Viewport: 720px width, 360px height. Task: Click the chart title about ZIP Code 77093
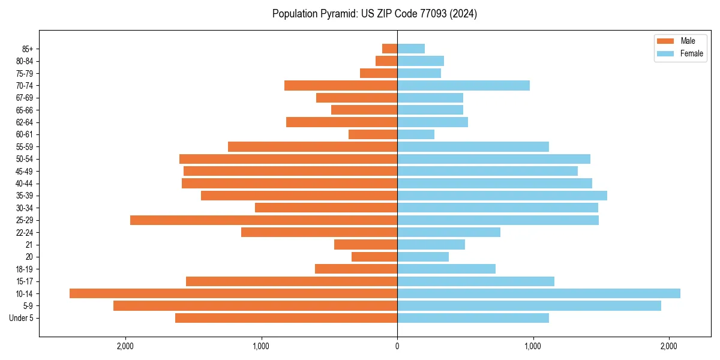coord(374,14)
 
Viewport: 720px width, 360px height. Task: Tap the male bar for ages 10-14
coord(233,293)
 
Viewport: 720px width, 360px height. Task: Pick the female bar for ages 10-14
coord(539,293)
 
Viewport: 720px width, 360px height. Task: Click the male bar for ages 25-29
coord(263,220)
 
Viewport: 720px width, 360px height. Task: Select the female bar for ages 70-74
coord(463,86)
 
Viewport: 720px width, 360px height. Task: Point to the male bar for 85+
coord(390,49)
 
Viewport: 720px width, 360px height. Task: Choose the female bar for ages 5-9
coord(529,306)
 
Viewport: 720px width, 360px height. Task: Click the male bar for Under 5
coord(286,318)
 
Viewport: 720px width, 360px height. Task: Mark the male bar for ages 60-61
coord(373,134)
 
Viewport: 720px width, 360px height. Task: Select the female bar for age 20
coord(423,257)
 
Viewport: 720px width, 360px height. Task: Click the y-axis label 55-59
coord(25,147)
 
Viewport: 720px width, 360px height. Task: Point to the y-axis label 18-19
coord(25,269)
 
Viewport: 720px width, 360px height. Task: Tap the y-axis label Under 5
coord(22,318)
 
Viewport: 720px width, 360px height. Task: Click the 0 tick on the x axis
coord(397,346)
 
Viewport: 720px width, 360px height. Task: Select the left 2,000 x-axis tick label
coord(125,346)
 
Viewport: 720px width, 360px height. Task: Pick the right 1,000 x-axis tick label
coord(533,346)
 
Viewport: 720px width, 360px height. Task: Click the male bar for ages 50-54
coord(288,159)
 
